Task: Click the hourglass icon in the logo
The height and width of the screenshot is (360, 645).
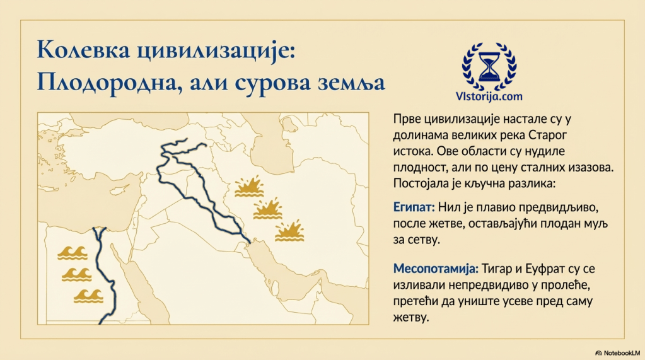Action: coord(489,66)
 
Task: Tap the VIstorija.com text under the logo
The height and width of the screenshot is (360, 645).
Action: coord(489,96)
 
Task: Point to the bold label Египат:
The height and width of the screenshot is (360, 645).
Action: coord(414,207)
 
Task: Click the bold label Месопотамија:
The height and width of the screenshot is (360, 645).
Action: coord(436,269)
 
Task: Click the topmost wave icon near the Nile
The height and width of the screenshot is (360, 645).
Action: coord(73,253)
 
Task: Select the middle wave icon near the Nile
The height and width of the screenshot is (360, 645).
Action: coord(76,274)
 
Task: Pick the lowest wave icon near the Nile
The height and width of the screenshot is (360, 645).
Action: coord(88,296)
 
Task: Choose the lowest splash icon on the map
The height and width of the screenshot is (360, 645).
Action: coord(289,230)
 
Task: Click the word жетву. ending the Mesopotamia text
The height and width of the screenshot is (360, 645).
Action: coord(411,318)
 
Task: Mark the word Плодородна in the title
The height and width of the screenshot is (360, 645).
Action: coord(110,83)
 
